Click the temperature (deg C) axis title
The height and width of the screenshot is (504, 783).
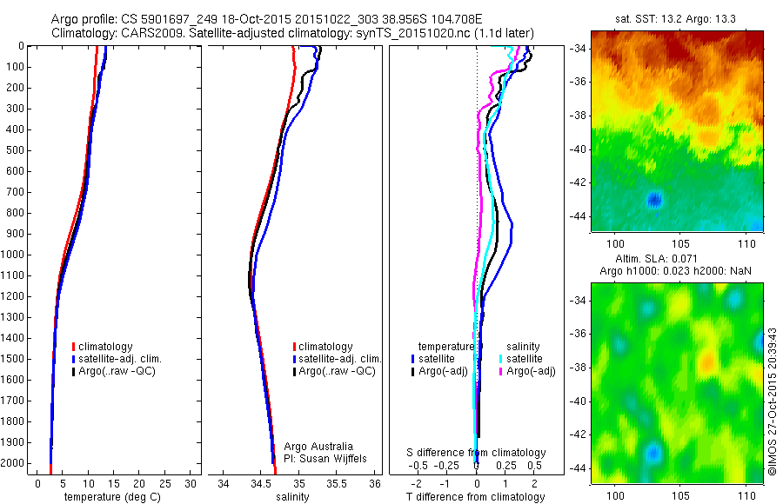104,497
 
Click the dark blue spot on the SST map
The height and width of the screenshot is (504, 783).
654,201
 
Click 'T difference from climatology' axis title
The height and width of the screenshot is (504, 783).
477,497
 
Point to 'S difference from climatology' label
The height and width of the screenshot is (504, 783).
477,453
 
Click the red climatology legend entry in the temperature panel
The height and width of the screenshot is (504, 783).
109,347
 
